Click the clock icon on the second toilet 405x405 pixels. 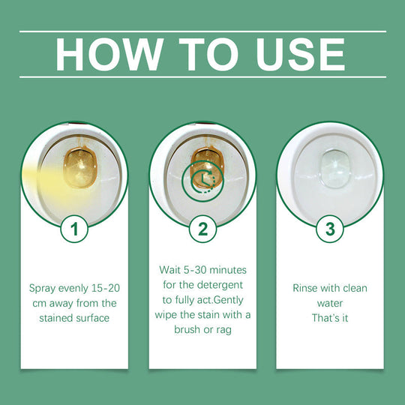coord(202,180)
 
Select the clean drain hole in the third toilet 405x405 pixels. coord(330,163)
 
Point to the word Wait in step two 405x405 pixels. coord(171,269)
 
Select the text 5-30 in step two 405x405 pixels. coord(202,269)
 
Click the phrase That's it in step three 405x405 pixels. coord(330,318)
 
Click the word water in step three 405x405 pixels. coord(330,303)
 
